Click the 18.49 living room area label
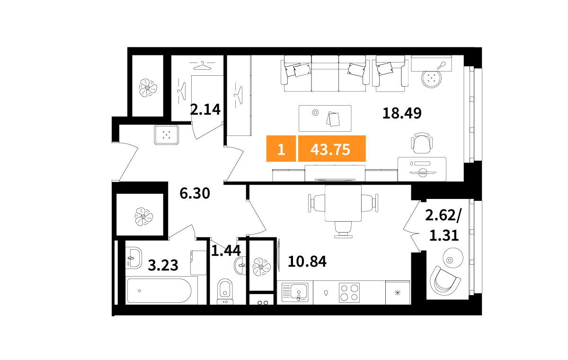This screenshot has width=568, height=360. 402,113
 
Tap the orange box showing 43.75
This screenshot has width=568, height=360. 332,149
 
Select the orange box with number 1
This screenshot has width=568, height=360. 281,149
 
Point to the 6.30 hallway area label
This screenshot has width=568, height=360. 195,193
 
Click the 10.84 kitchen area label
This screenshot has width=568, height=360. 307,261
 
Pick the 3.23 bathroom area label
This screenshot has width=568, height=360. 163,265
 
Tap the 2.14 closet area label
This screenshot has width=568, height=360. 205,109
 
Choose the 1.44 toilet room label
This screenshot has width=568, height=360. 226,251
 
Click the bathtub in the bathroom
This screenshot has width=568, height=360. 159,290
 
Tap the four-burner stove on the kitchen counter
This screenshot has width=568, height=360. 349,293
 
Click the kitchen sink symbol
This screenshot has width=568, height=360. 295,292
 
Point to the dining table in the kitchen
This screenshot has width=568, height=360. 343,203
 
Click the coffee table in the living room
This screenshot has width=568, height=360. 325,118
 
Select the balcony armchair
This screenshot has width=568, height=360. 445,280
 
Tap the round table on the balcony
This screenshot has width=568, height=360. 453,258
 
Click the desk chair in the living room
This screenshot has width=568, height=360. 421,143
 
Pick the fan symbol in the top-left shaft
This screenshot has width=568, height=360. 148,88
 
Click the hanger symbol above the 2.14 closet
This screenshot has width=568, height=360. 202,65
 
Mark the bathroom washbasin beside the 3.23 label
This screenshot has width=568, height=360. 133,258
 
